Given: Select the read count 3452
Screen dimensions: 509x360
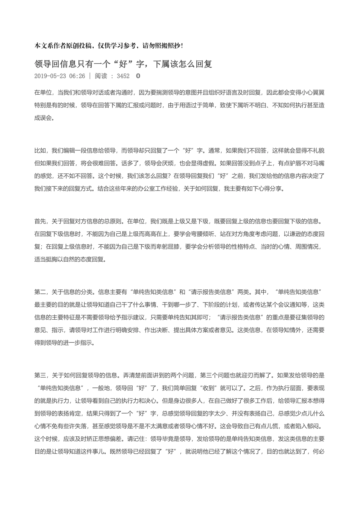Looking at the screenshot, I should [x=123, y=76].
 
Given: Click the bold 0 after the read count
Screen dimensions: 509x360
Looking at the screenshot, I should [x=138, y=76].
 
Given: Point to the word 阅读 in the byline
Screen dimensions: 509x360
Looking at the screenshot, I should [x=101, y=76].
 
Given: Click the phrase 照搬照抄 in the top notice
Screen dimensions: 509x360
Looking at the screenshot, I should [x=168, y=46].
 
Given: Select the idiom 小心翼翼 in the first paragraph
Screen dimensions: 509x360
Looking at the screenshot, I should [x=313, y=92].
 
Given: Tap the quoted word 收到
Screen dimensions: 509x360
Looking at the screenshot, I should [x=210, y=388].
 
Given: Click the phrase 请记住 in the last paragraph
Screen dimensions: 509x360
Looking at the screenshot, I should [x=136, y=439].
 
